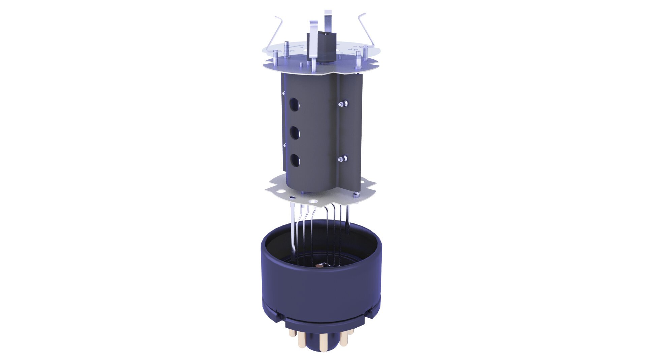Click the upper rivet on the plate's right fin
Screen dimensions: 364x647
[x=343, y=103]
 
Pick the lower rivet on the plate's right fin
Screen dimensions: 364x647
[x=343, y=158]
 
